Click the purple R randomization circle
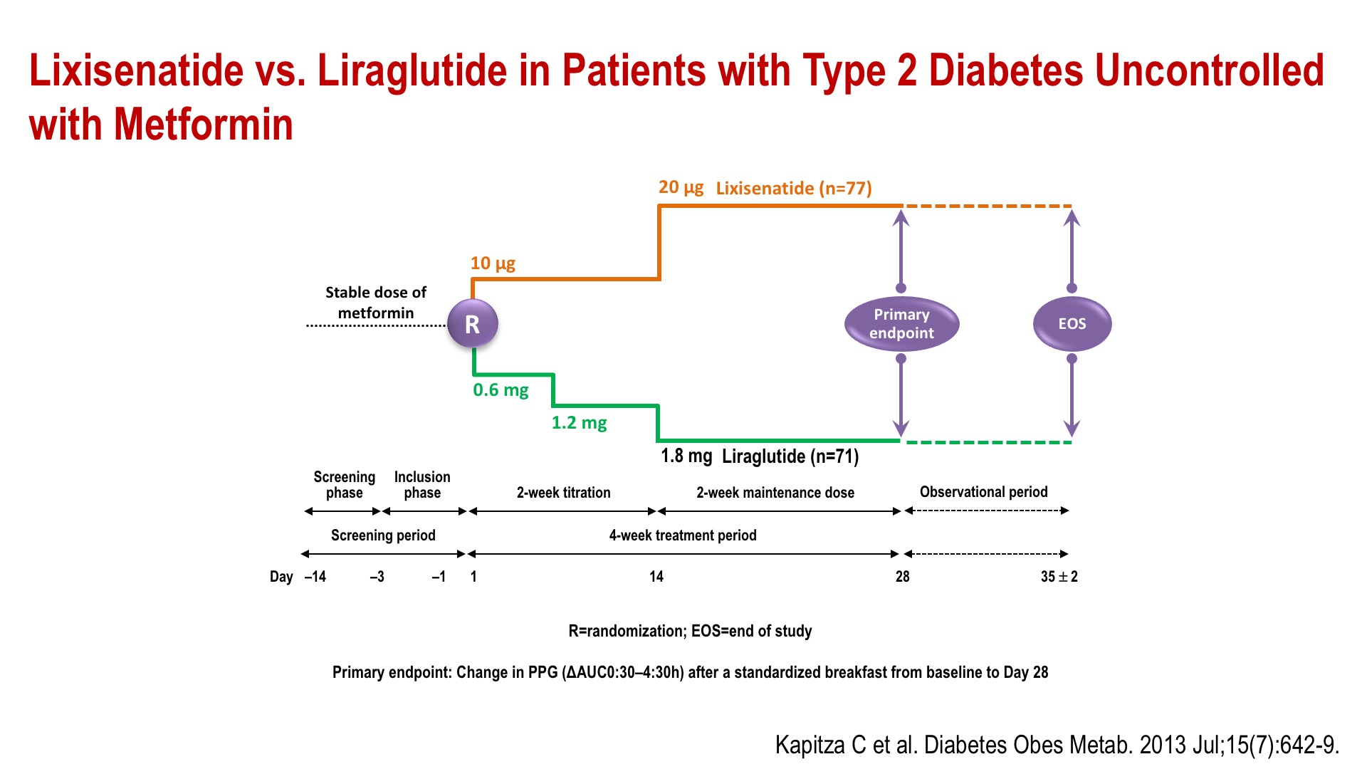coord(472,324)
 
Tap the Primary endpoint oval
coord(901,324)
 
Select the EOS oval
coord(1072,324)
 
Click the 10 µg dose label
coord(493,263)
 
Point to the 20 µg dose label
coord(681,187)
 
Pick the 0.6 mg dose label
coord(501,390)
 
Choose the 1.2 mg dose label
coord(579,423)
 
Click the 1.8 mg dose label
coord(686,456)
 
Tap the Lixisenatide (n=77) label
coord(794,188)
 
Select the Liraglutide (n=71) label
coord(790,456)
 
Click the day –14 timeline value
coord(315,577)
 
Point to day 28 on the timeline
coord(902,577)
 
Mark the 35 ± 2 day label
coord(1059,577)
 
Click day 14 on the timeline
coord(656,577)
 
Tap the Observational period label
coord(983,492)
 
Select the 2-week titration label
coord(563,493)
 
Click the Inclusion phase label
coord(422,485)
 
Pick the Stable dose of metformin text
coord(376,303)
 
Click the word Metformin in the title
coord(204,125)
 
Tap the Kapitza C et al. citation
coord(1057,745)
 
